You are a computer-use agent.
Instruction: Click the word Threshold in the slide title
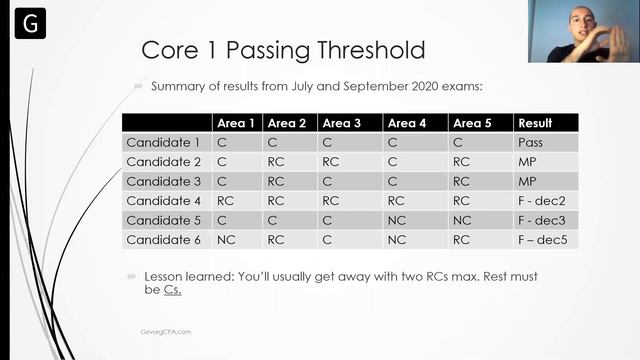[363, 50]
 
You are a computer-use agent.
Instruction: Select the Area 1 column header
[236, 123]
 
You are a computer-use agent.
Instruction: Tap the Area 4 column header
[407, 123]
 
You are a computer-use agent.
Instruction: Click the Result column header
[535, 123]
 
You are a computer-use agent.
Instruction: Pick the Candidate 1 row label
[163, 143]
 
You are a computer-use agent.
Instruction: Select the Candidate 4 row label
[163, 201]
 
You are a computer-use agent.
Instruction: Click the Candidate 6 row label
[163, 240]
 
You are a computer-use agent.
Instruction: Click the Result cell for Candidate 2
[527, 162]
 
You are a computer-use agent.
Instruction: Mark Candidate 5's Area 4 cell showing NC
[397, 221]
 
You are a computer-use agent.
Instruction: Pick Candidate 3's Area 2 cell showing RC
[277, 182]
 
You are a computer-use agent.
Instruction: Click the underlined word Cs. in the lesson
[172, 290]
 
